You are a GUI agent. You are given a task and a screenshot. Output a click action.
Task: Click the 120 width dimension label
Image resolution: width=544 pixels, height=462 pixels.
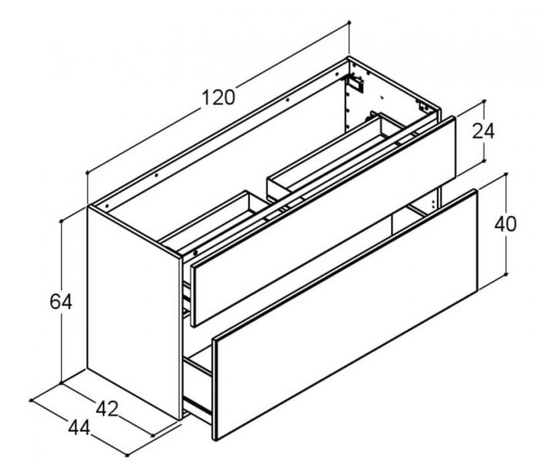(219, 98)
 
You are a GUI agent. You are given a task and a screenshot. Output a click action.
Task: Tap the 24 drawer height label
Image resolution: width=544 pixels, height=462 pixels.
(483, 131)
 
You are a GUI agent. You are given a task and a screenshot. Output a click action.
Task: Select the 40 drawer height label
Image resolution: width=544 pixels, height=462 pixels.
(505, 224)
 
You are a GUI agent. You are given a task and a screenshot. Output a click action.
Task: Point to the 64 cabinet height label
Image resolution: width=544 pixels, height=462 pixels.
(61, 302)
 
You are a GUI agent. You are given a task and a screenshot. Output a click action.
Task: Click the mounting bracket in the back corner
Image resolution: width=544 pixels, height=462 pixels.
(356, 81)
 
